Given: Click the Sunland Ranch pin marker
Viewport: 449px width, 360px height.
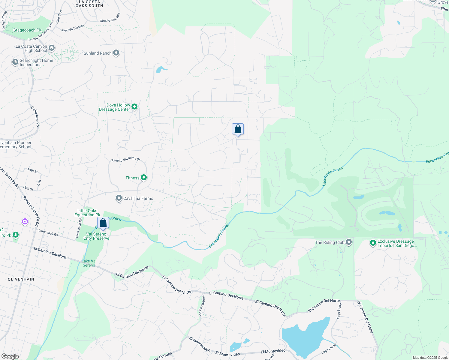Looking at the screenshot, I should [x=116, y=53].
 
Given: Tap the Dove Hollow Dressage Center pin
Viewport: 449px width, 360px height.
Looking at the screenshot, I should [x=134, y=106].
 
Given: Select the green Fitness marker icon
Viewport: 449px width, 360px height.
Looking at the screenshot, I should [x=144, y=178].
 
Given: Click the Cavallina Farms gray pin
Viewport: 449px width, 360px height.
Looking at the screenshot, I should [x=119, y=198].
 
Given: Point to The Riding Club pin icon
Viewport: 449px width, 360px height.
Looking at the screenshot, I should [x=349, y=242].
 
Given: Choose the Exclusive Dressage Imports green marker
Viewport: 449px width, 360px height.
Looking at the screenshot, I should [x=373, y=243].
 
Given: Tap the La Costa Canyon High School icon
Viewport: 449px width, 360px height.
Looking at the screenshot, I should [x=52, y=48].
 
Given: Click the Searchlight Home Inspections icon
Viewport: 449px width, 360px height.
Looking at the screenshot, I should [x=15, y=62].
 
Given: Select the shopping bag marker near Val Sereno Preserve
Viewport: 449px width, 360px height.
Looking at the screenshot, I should [x=103, y=223].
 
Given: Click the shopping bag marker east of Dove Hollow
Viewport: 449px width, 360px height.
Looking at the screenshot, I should [x=238, y=129].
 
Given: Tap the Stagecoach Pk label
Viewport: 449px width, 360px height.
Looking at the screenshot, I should [x=27, y=30].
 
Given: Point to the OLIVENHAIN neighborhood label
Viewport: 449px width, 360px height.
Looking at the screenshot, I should [x=21, y=279].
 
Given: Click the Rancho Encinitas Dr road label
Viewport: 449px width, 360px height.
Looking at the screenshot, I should [x=126, y=159].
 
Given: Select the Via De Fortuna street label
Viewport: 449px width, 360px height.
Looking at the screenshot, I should [x=202, y=306].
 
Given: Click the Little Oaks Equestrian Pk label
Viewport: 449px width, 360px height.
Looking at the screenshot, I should [x=87, y=213].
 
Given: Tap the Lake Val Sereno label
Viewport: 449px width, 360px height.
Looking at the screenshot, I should [x=89, y=263].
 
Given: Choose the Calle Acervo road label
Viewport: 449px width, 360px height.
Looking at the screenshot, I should [x=35, y=116].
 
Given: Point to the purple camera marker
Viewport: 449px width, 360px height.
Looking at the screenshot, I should [x=25, y=222].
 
